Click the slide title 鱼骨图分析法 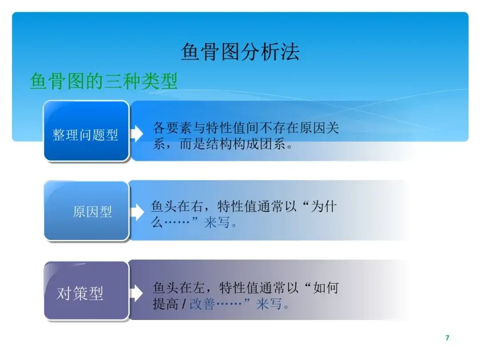coord(240,52)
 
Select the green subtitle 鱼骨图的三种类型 coord(104,81)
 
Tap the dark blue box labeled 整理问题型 coord(87,131)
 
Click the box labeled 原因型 coord(87,211)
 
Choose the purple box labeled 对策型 coord(87,291)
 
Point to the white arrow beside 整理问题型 coord(136,133)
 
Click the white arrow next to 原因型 coord(137,212)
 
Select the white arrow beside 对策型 coord(136,293)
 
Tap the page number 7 coord(447,338)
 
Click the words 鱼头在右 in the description coord(176,206)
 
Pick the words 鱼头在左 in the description coord(179,288)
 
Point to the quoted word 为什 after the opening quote coord(324,206)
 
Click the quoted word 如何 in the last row coord(326,288)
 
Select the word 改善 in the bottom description coord(202,304)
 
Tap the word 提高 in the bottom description coord(165,304)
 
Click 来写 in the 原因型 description coord(217,223)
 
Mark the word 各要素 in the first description coord(172,128)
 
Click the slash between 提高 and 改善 coord(184,304)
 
